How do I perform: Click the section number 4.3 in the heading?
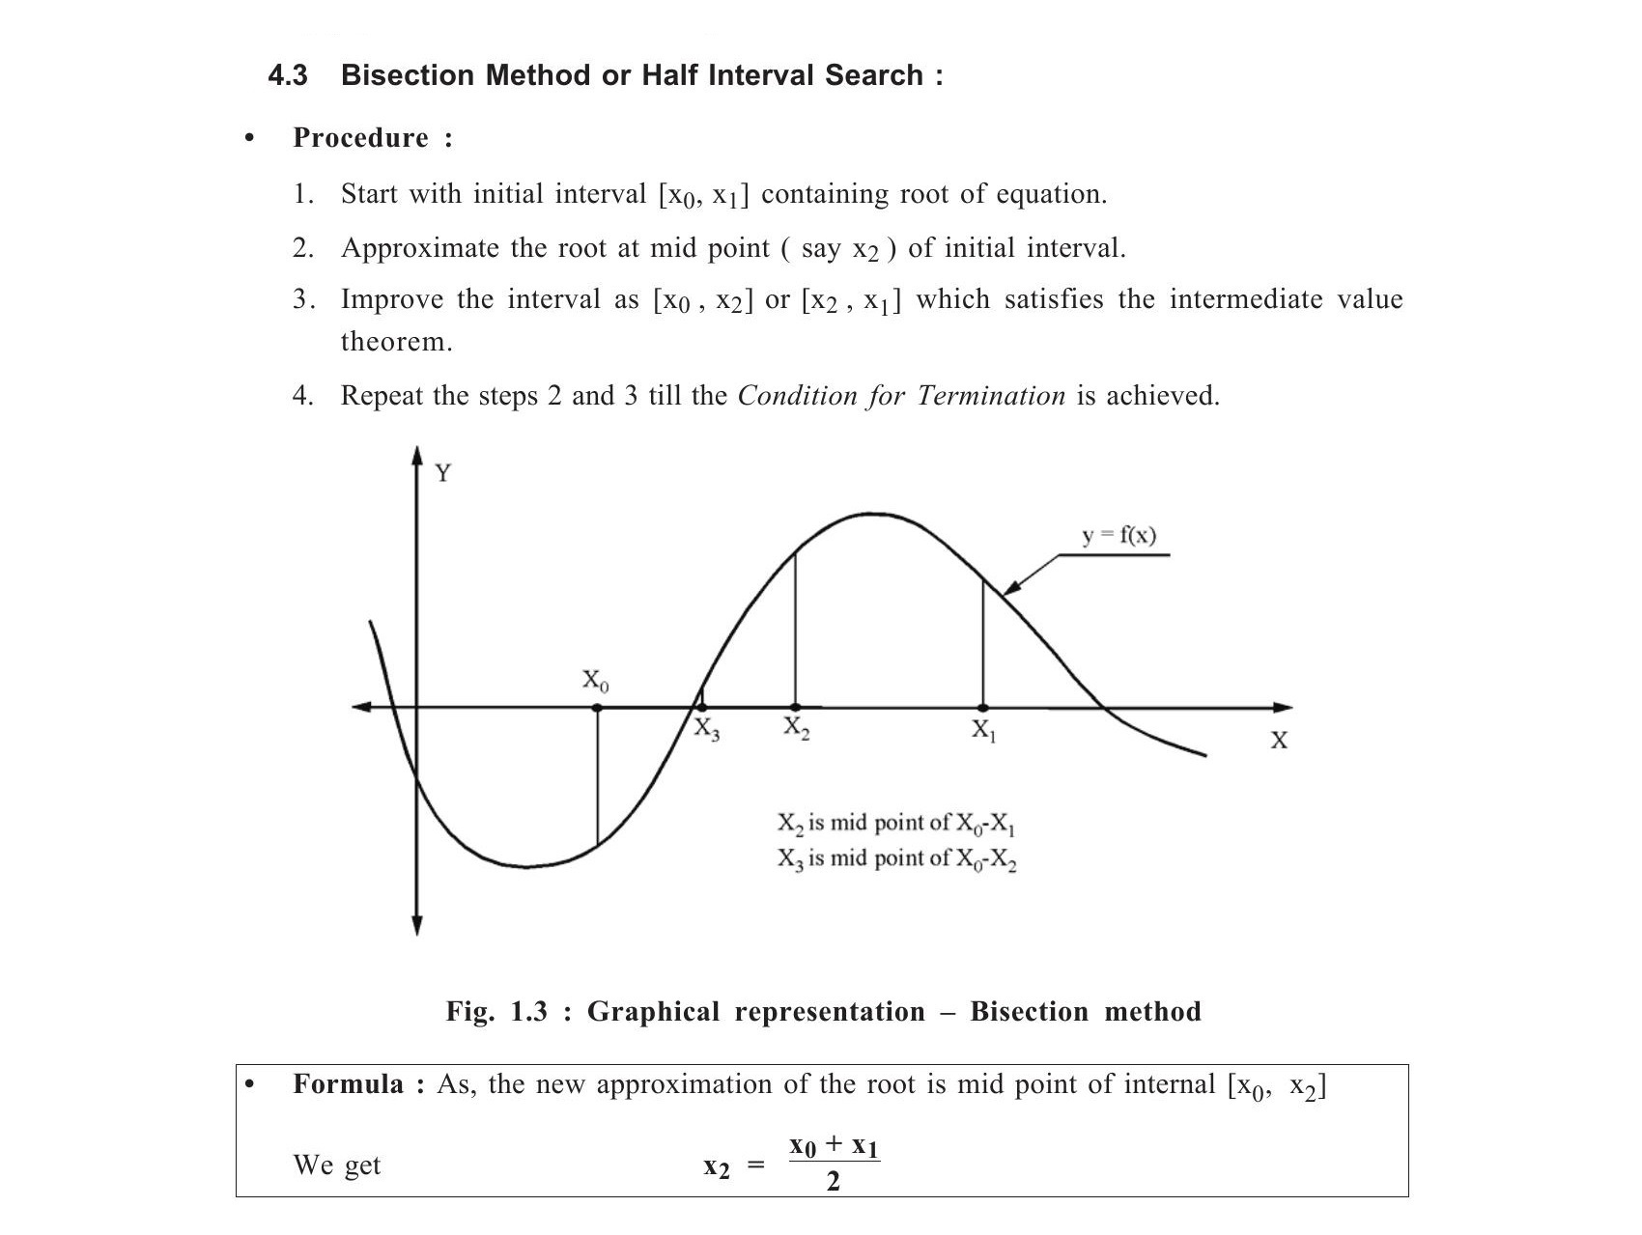point(287,75)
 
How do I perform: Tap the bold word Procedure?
point(360,138)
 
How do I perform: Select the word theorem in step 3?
point(396,342)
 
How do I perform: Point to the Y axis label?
point(443,473)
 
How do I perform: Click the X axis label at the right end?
point(1279,741)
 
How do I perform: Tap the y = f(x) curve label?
point(1118,535)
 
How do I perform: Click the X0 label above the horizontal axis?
point(595,681)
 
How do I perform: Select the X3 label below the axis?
point(707,730)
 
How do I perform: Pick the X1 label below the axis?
point(983,730)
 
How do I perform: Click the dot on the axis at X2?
point(795,708)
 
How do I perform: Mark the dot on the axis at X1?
point(983,708)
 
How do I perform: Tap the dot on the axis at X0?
point(597,708)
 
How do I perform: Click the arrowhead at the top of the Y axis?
point(417,455)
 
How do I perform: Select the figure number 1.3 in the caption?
point(528,1012)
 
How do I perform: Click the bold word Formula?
point(348,1084)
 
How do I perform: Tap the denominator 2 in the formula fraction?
point(834,1181)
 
